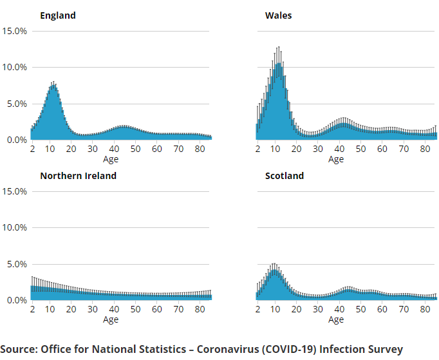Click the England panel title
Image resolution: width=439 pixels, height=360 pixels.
point(57,15)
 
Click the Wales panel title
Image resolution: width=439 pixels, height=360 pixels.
point(278,15)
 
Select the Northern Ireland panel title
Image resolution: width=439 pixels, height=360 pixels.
point(78,176)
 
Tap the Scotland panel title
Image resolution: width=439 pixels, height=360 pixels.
point(285,176)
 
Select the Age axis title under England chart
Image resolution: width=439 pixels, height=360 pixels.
point(111,159)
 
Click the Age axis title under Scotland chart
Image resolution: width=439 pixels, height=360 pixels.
point(336,319)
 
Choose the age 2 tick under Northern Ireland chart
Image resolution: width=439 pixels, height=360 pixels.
point(32,310)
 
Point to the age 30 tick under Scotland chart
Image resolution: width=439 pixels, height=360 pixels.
point(318,310)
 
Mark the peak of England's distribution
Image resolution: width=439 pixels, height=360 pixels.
point(53,84)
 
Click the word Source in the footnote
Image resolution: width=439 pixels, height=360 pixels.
point(19,350)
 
